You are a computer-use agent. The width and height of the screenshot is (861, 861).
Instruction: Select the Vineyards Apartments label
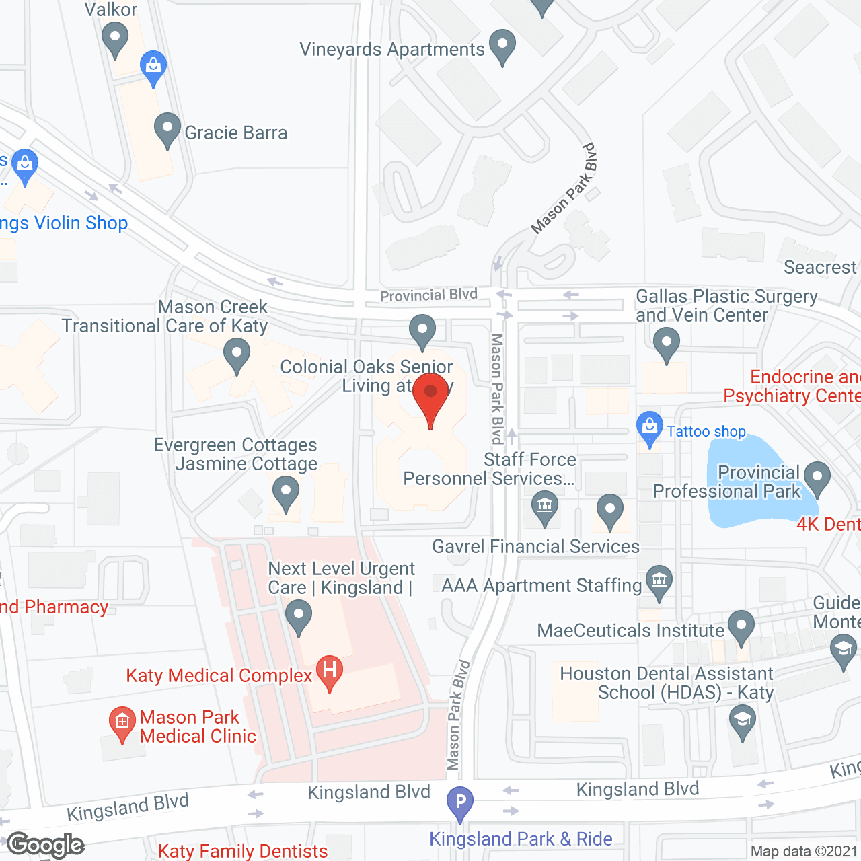tap(391, 50)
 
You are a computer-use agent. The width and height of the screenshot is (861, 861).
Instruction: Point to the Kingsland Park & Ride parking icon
tap(460, 802)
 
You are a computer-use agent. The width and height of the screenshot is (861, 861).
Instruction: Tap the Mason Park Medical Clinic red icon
tap(122, 723)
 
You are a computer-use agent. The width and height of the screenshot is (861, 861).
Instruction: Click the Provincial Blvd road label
tap(428, 295)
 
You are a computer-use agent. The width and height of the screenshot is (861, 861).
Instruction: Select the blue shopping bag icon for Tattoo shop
tap(649, 427)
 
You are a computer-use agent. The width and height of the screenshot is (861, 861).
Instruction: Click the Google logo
tap(46, 845)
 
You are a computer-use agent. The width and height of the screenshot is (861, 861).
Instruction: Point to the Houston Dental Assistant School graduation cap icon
tap(742, 720)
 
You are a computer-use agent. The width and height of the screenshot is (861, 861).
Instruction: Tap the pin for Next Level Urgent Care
tap(298, 615)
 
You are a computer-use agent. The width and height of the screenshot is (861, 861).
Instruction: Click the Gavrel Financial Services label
tap(535, 546)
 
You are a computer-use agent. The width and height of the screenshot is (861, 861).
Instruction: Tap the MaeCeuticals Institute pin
tap(741, 626)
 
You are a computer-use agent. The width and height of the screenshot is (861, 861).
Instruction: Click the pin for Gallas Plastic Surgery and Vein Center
tap(666, 343)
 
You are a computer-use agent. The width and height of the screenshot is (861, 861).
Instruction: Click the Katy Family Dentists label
tap(243, 851)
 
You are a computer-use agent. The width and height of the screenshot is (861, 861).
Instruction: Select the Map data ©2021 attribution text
tap(804, 851)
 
